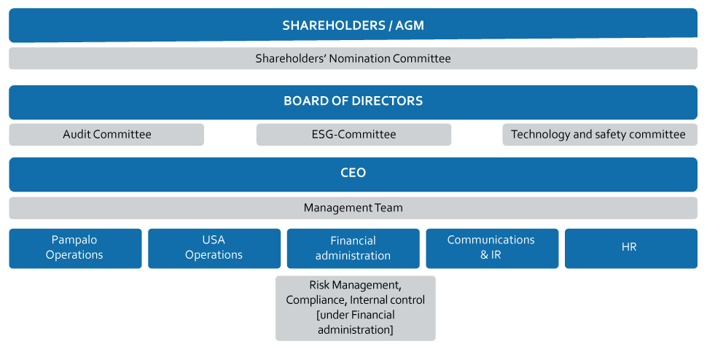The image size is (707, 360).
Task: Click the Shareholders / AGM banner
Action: pos(353,26)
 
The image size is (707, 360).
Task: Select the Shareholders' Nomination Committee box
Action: pos(353,58)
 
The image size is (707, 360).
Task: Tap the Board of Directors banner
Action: pos(353,101)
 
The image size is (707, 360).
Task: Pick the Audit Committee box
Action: pos(106,134)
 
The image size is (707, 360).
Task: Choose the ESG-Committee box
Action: pos(353,134)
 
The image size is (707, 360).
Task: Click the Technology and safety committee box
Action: pos(598,134)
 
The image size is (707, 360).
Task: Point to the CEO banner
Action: pos(353,173)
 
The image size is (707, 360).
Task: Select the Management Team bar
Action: pos(353,208)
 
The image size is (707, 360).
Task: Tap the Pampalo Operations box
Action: pos(75,248)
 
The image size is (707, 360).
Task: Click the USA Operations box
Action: pos(214,248)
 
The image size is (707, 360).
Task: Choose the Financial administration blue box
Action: pos(353,249)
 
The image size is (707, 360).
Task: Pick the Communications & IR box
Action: pos(492,248)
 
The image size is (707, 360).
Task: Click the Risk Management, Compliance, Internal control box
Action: pos(356,308)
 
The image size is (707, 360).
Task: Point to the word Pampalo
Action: pos(74,240)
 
